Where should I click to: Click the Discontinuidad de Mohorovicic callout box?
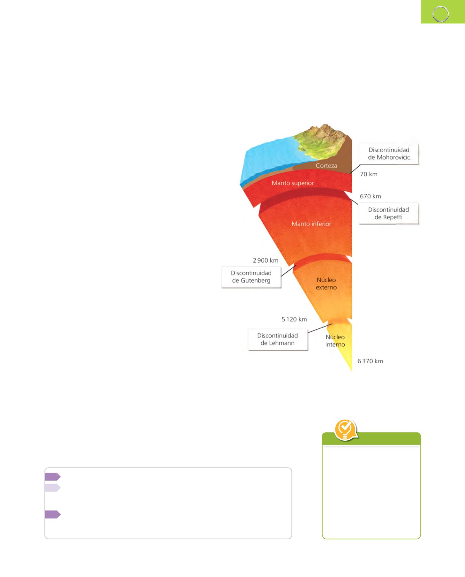(388, 154)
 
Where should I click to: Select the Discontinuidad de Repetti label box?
(388, 213)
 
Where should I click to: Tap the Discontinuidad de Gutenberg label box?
(251, 277)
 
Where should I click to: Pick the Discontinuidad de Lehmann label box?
(278, 339)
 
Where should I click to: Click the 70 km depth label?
(369, 174)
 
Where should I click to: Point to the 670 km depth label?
(371, 196)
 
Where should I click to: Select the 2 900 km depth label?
(265, 260)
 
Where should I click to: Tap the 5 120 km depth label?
(294, 319)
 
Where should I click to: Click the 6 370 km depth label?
(370, 361)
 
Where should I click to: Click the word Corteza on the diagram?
(326, 166)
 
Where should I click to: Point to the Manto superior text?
(293, 183)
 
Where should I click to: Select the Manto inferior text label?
(311, 224)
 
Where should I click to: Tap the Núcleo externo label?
(326, 283)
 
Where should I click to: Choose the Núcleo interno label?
(335, 341)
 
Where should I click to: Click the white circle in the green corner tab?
(441, 14)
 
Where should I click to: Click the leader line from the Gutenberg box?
(289, 271)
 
